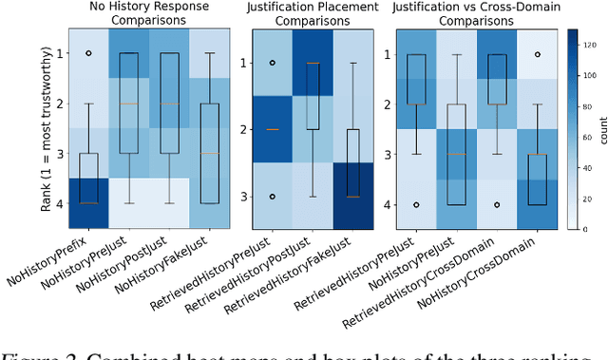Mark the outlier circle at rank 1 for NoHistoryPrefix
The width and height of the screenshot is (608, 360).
[x=87, y=54]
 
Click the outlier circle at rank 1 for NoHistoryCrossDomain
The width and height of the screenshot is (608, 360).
[x=538, y=54]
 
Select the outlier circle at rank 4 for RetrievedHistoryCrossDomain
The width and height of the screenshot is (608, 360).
[x=497, y=204]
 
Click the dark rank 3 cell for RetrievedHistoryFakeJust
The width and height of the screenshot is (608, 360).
[x=353, y=196]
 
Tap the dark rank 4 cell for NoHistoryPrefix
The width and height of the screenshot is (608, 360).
[x=87, y=203]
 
